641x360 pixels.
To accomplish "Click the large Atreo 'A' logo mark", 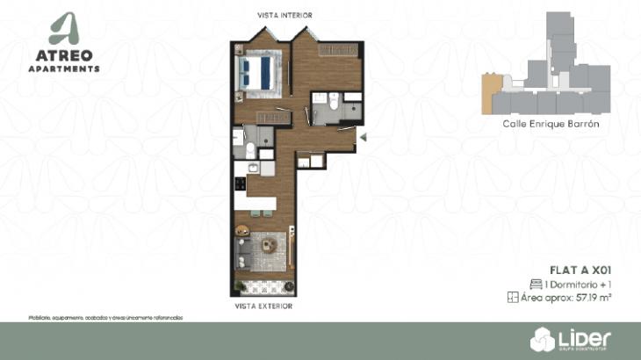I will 62,29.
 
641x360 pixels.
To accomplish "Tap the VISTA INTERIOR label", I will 284,15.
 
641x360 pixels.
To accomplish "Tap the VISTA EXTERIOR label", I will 263,306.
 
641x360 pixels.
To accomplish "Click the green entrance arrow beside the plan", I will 363,135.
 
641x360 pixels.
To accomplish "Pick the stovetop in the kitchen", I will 238,184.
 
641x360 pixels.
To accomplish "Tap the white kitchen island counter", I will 261,203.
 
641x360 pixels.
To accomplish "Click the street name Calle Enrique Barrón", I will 551,125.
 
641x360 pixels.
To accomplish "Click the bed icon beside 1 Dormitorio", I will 536,284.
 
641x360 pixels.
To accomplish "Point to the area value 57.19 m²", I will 594,298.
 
